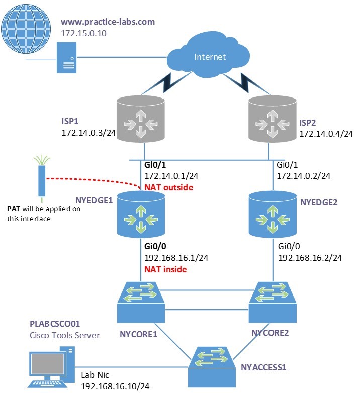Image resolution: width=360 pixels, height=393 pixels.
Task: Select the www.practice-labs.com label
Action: (108, 22)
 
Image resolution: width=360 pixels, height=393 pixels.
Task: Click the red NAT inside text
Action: (165, 269)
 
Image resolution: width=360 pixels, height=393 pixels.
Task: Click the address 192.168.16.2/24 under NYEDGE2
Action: (310, 257)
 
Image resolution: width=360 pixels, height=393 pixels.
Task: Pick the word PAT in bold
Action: (14, 208)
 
